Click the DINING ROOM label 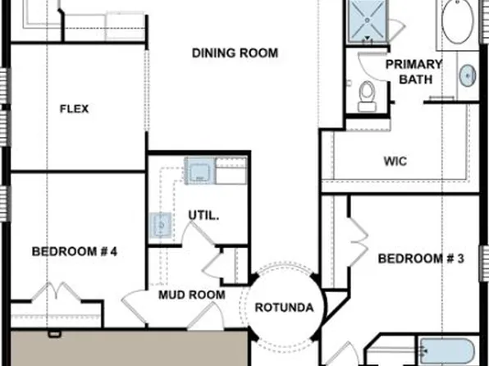pos(235,53)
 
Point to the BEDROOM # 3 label pos(421,259)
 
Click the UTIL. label pos(203,216)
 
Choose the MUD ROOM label pos(192,295)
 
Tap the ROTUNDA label pos(283,309)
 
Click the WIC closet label pos(395,161)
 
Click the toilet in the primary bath pos(367,94)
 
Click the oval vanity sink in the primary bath pos(467,75)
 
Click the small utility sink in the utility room pos(161,222)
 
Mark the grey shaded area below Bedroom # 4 pos(123,349)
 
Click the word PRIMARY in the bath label pos(414,64)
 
